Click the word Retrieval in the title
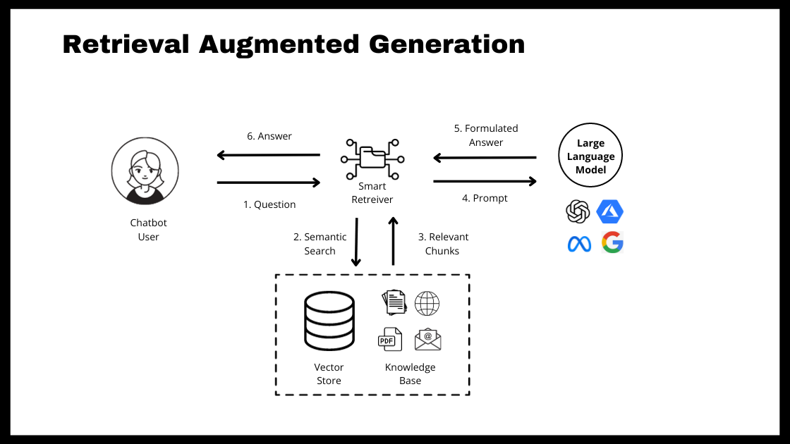click(126, 44)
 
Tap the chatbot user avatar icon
click(145, 171)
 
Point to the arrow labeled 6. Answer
click(268, 155)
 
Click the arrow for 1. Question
click(268, 183)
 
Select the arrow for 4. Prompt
click(485, 182)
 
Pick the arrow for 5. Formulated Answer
click(485, 157)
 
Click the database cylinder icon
click(329, 321)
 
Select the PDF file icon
click(389, 340)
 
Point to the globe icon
click(427, 304)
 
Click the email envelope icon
click(427, 340)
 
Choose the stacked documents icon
click(394, 302)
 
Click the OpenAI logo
click(578, 211)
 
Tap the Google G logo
click(612, 242)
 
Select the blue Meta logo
click(578, 244)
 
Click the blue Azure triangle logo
click(610, 211)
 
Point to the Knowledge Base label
click(410, 374)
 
